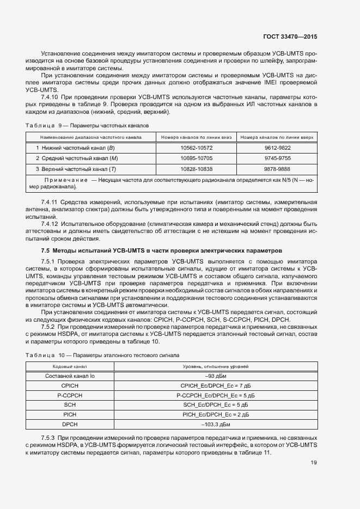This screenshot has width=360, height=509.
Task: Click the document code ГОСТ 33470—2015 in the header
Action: [x=291, y=37]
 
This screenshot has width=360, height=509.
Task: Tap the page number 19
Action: [x=313, y=463]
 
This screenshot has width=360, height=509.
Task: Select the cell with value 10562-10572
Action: [x=196, y=148]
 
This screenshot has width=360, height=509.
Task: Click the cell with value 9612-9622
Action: [x=278, y=148]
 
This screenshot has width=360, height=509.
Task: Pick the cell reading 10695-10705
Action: [x=196, y=158]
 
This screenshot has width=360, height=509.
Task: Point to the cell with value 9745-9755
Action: [x=278, y=158]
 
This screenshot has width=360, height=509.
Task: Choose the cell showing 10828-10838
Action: [x=196, y=169]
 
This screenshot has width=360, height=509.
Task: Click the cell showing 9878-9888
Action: [x=278, y=169]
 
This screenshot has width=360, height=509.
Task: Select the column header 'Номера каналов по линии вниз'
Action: [x=196, y=137]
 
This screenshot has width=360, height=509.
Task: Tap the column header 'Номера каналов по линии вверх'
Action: [x=278, y=137]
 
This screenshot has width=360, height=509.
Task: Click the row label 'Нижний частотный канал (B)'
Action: [x=75, y=148]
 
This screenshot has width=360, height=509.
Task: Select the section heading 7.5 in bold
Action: [x=162, y=250]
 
